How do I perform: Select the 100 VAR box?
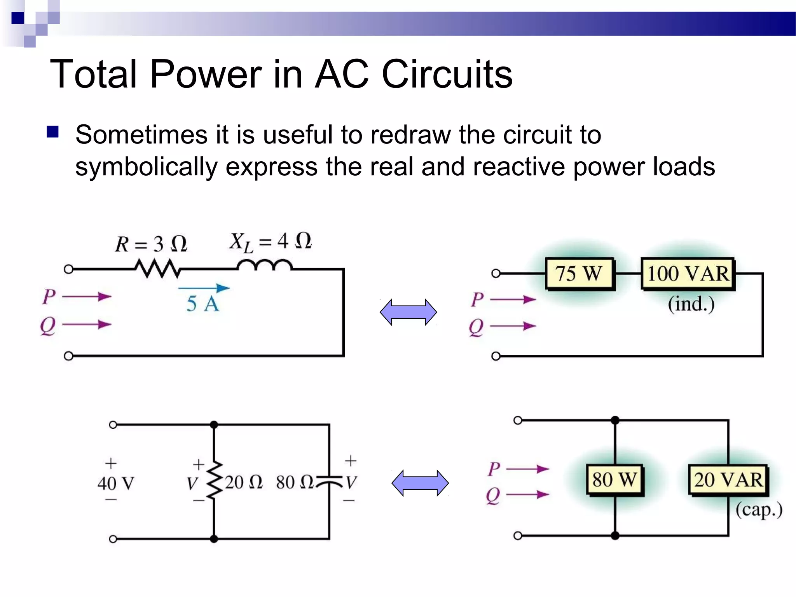pyautogui.click(x=688, y=274)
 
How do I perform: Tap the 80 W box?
pyautogui.click(x=614, y=480)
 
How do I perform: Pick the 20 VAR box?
pyautogui.click(x=728, y=480)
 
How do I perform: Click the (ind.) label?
pyautogui.click(x=691, y=304)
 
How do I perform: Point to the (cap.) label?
pyautogui.click(x=758, y=510)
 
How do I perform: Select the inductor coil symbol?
pyautogui.click(x=264, y=265)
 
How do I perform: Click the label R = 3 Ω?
pyautogui.click(x=151, y=244)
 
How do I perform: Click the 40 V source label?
pyautogui.click(x=116, y=484)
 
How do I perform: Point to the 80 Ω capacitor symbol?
pyautogui.click(x=329, y=481)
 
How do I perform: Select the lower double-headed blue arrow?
pyautogui.click(x=420, y=483)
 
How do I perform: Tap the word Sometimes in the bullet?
pyautogui.click(x=141, y=135)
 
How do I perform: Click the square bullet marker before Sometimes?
pyautogui.click(x=52, y=132)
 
